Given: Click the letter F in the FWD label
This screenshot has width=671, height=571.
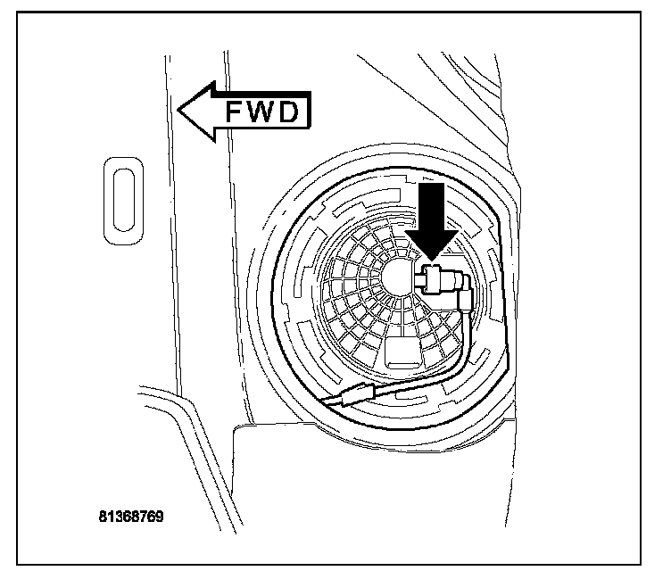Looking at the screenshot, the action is coord(234,113).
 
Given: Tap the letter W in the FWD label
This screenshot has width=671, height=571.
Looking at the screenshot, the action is coord(262,113).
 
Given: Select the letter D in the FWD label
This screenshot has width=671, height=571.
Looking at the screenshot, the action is coord(294,113).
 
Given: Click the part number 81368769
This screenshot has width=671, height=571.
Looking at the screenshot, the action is coord(131,517).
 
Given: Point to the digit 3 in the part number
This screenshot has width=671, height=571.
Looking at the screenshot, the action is coord(120,517).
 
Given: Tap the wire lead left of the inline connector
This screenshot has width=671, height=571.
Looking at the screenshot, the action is coord(332,403).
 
